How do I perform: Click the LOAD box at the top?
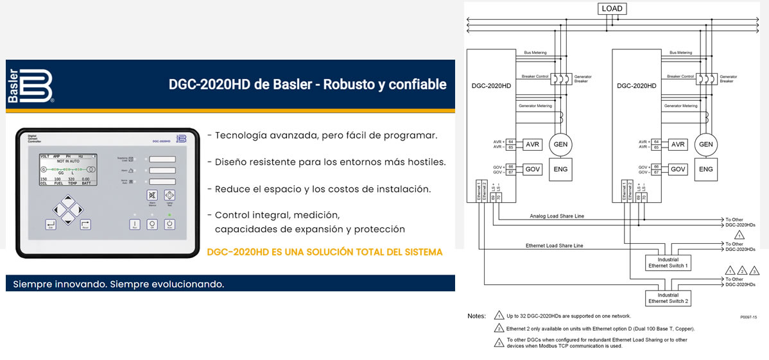611,9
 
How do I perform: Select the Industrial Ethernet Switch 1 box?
668,262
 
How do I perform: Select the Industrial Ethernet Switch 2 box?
668,298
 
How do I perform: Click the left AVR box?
532,144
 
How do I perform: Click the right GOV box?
678,169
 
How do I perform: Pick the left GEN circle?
560,144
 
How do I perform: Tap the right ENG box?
705,169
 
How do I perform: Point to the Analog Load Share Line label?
557,216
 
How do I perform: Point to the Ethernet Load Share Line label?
554,246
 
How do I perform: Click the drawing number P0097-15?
748,317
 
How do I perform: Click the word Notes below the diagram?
476,316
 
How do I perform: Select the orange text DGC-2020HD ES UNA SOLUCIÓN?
325,252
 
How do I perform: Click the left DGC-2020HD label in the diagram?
491,85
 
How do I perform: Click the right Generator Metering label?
680,106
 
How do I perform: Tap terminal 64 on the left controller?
511,141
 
